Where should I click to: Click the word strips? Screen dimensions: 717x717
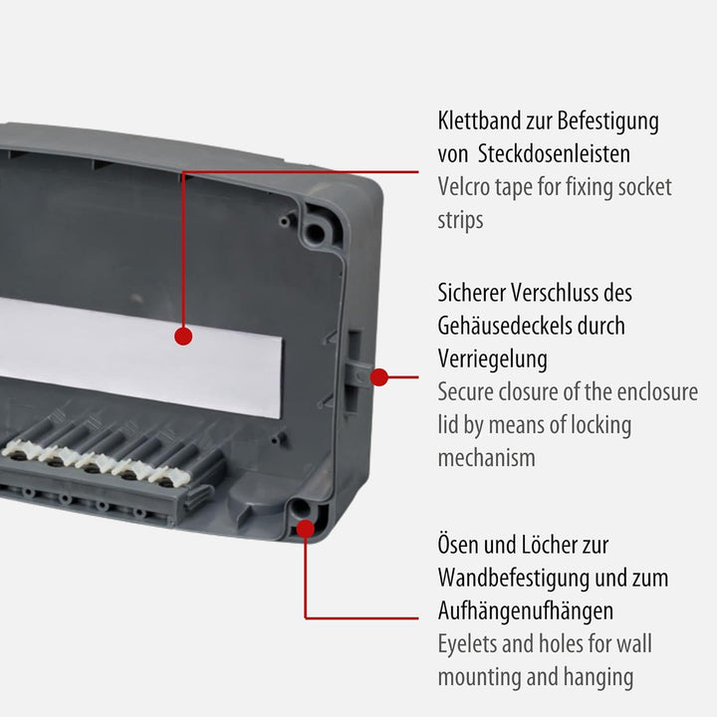click(460, 219)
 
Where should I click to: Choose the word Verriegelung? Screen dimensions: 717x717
click(492, 358)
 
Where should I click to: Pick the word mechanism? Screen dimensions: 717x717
click(486, 457)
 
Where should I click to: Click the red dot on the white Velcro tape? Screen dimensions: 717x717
click(183, 337)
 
